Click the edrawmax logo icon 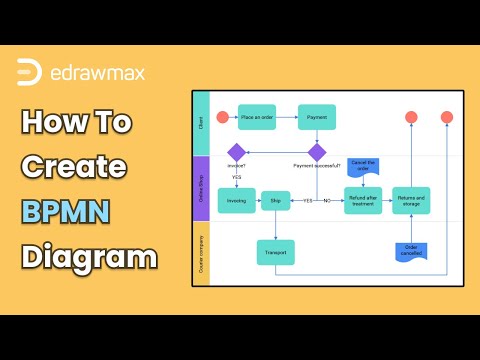pos(30,73)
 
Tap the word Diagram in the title pos(88,257)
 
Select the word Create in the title pos(87,166)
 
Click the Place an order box pos(258,117)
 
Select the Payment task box pos(316,117)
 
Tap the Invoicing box pos(237,200)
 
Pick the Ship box pos(275,200)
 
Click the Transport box pos(275,253)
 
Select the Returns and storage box pos(411,200)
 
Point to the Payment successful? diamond pos(317,152)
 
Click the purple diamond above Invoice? pos(237,152)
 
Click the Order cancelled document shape pos(411,250)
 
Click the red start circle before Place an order pos(222,117)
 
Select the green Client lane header pos(200,124)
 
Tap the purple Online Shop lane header pos(200,187)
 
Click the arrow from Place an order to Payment pos(287,117)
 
